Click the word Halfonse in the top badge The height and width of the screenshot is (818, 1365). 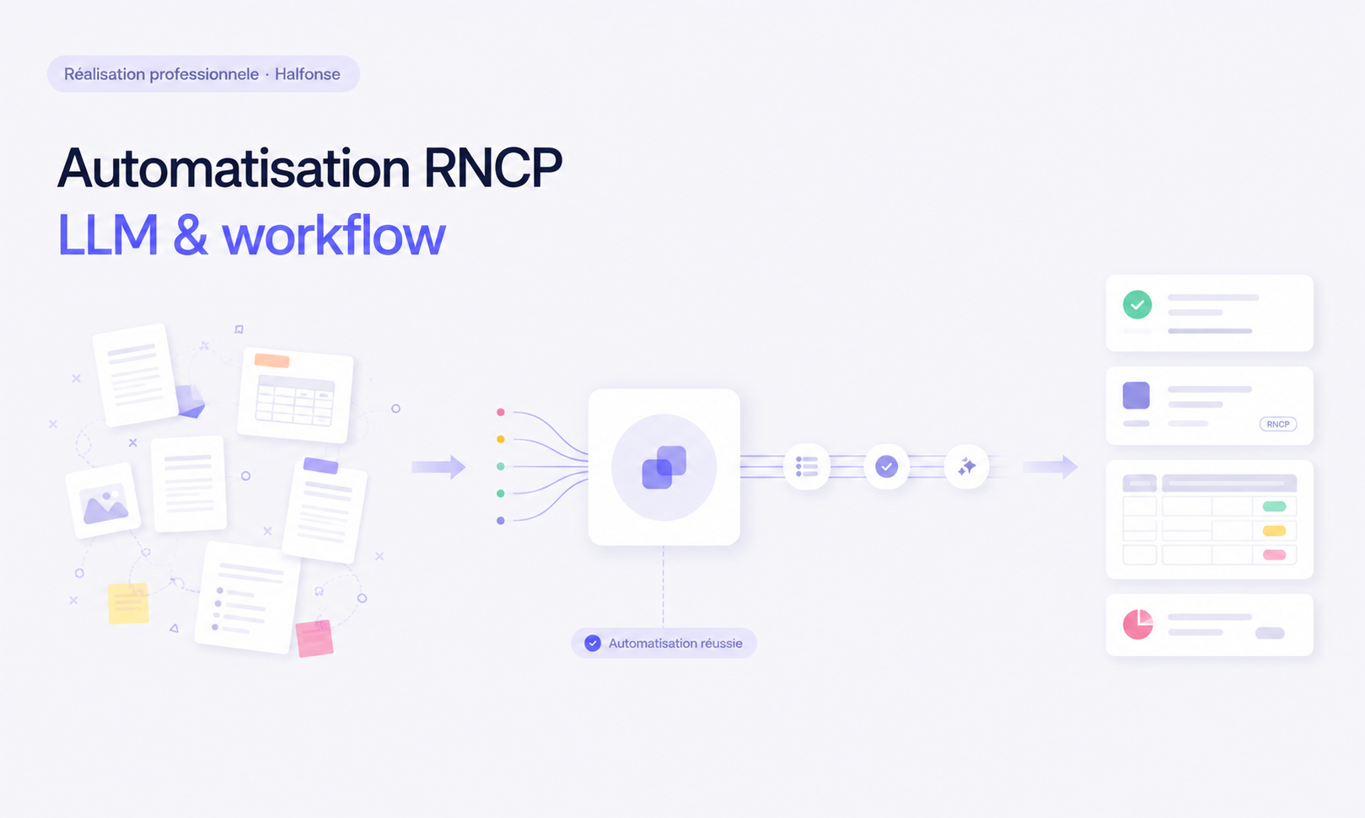(307, 74)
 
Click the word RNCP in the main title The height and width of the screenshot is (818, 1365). (492, 168)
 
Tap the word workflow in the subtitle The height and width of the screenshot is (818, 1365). (334, 235)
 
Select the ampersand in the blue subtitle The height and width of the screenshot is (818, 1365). (191, 236)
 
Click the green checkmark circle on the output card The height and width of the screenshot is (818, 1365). (1137, 305)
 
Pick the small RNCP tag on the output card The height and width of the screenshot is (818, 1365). (1278, 424)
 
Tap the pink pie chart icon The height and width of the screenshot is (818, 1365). (1137, 624)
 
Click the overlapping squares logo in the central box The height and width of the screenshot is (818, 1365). (664, 468)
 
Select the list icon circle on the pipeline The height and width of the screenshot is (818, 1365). (807, 467)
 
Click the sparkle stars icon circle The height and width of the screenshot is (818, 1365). (966, 467)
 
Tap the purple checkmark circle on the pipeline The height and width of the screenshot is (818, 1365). (887, 467)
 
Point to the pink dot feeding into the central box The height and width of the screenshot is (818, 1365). (500, 412)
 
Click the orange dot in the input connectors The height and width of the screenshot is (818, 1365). (500, 439)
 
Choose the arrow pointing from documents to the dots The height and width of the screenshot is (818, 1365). (438, 468)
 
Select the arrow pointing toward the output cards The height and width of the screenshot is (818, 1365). (1051, 468)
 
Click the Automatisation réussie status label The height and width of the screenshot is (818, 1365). (664, 643)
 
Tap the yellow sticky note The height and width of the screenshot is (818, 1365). (128, 604)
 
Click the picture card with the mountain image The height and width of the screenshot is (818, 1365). (103, 500)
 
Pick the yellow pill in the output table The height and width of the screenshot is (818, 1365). (1274, 531)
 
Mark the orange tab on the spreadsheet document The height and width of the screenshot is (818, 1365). (271, 361)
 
